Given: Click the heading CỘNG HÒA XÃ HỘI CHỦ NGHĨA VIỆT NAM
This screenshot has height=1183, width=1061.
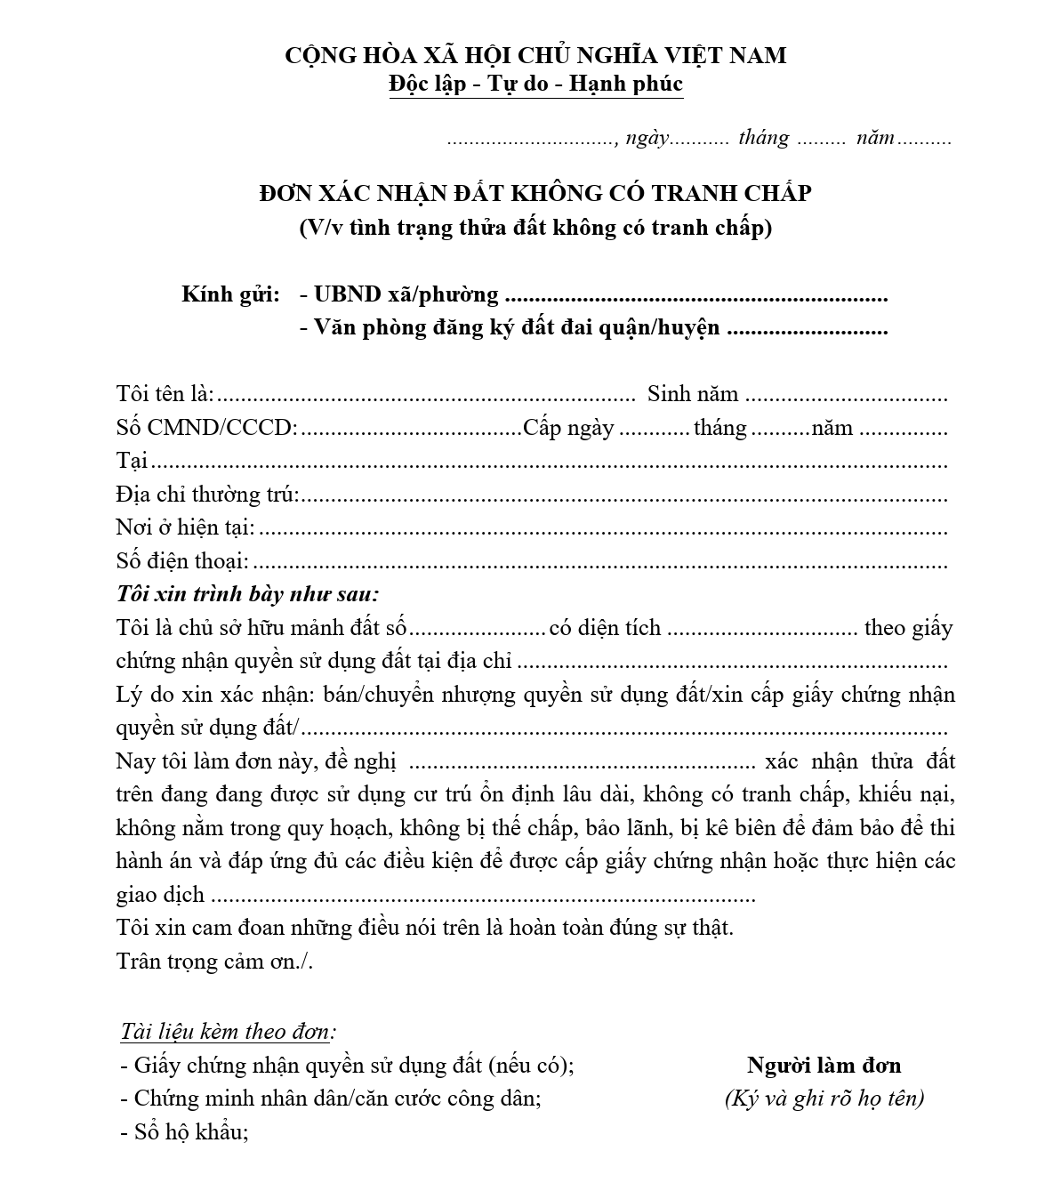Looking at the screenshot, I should point(535,55).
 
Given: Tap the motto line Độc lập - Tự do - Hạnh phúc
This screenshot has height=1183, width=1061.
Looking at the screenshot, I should point(535,84).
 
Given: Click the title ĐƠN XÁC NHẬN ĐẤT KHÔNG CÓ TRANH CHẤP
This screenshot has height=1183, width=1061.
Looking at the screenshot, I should point(535,193).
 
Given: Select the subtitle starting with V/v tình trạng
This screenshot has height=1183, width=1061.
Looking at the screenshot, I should point(535,228).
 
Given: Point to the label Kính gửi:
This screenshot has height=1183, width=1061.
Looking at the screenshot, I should point(230,294).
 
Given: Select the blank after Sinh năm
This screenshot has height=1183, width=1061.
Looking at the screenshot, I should point(846,396).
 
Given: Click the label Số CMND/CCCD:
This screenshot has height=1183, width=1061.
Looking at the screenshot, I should point(206,428).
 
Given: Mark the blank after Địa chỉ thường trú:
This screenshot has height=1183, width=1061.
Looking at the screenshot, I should point(623,496).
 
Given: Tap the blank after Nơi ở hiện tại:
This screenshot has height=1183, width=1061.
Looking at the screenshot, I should point(602,529).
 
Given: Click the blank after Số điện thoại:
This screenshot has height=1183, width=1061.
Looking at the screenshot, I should point(599,563).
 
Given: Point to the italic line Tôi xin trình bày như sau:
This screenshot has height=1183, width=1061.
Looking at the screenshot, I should point(247,594).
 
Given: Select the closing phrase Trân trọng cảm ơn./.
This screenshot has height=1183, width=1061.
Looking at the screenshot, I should point(214,962).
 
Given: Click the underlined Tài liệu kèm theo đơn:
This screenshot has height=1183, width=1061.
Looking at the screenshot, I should point(229,1032).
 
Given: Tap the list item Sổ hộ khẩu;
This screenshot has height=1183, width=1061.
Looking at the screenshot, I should point(184,1132).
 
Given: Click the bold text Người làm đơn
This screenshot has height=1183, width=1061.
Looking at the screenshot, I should point(824,1066).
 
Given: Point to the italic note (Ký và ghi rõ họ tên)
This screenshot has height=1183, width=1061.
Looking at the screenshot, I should point(824,1098).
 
